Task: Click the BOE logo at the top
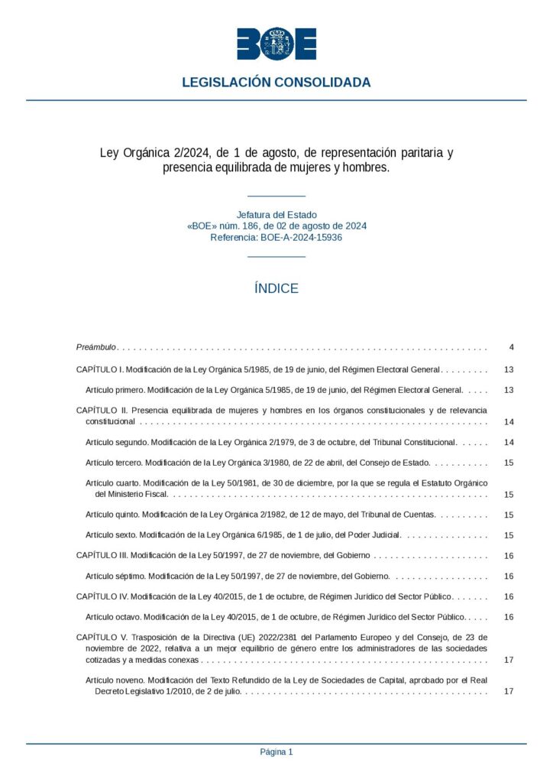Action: pyautogui.click(x=276, y=44)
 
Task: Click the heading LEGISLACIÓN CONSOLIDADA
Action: pyautogui.click(x=276, y=83)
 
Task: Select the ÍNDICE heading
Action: pyautogui.click(x=276, y=288)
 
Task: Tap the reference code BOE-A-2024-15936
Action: pyautogui.click(x=301, y=238)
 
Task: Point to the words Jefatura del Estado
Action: pyautogui.click(x=276, y=215)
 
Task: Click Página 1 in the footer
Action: pyautogui.click(x=276, y=752)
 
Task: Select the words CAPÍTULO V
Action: pyautogui.click(x=100, y=637)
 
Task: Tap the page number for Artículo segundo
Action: pyautogui.click(x=509, y=443)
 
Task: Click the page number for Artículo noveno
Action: pyautogui.click(x=509, y=691)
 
